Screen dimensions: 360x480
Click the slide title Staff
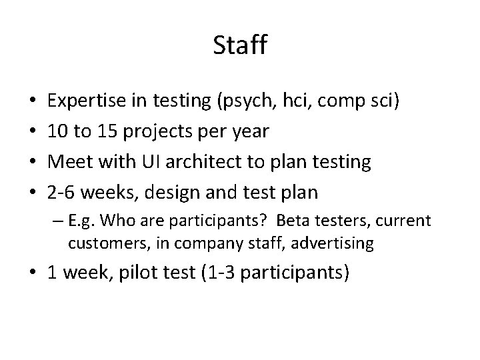240,46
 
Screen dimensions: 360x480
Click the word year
248,132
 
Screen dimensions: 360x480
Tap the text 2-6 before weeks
63,192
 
